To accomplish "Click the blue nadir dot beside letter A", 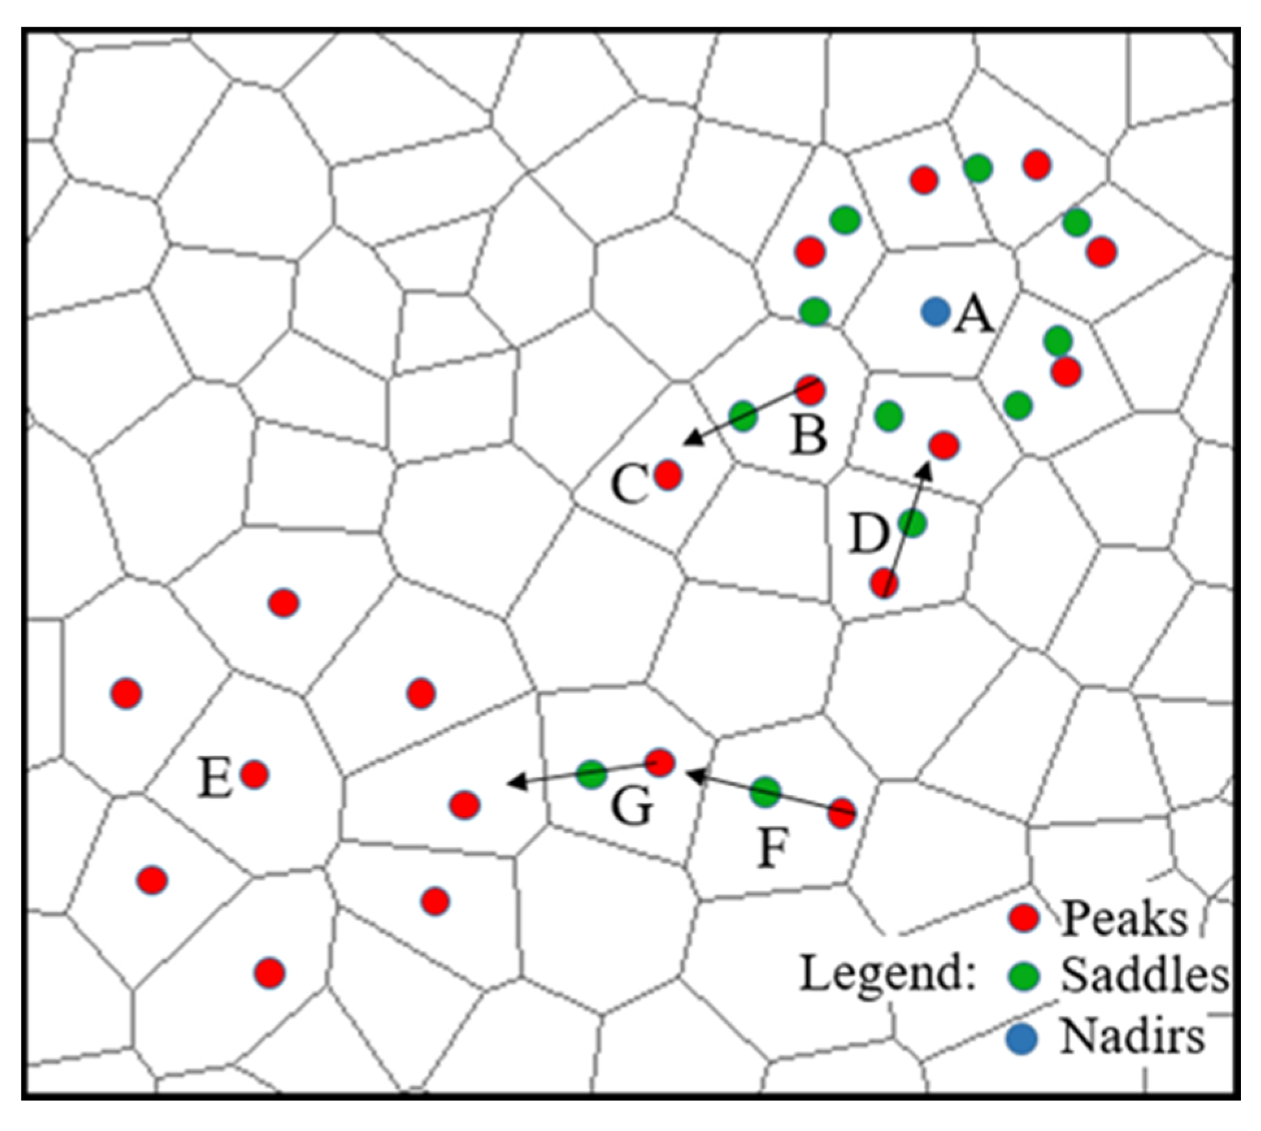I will [x=936, y=312].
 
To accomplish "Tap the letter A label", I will [x=973, y=316].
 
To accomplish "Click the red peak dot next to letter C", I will [x=668, y=476].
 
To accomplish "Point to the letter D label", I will [x=869, y=534].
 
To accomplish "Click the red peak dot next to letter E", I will [x=255, y=774].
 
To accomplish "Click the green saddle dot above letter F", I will [x=766, y=791].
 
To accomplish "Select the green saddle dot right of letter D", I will [x=912, y=523].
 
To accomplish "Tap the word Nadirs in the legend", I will [x=1132, y=1037].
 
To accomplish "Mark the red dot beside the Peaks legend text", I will [x=1024, y=917].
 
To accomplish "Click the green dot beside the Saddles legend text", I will [x=1024, y=976].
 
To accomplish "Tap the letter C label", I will [x=629, y=484].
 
